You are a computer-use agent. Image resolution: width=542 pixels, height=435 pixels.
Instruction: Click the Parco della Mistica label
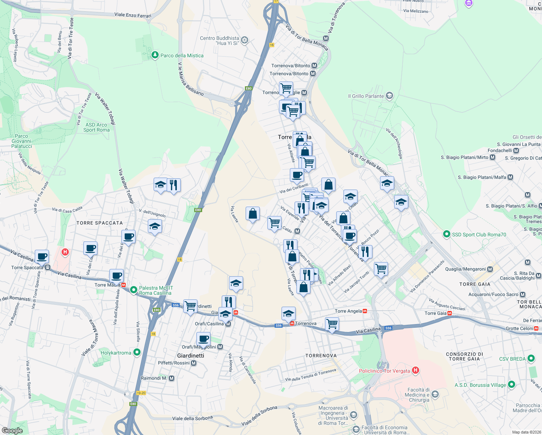[182, 55]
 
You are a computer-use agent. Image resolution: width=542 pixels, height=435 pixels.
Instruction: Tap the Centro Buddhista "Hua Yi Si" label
[220, 41]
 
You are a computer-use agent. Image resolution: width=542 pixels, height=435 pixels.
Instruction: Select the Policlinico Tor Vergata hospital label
[384, 371]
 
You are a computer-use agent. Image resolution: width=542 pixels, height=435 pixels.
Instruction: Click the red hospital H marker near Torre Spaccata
[65, 252]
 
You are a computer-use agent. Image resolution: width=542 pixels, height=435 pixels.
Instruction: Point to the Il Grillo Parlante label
[366, 96]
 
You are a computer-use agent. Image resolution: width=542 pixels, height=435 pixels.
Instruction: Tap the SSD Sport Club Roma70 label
[479, 235]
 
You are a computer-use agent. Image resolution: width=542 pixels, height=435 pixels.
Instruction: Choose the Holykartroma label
[116, 353]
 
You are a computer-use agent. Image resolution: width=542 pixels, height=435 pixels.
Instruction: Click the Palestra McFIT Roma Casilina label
[156, 290]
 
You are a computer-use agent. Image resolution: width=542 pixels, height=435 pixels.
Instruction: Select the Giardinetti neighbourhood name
[191, 356]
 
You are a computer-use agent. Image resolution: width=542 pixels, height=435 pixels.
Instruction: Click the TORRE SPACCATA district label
[100, 223]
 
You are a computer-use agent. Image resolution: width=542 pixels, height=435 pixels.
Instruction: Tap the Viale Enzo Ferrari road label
[133, 15]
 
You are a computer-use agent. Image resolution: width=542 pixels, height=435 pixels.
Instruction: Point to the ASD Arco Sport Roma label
[96, 127]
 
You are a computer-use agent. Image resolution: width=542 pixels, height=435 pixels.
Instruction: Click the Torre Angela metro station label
[348, 311]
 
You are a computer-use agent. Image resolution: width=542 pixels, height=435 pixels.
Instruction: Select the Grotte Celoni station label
[520, 328]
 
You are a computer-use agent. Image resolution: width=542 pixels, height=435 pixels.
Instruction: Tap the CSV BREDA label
[512, 359]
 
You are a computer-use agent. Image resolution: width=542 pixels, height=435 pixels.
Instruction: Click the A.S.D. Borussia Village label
[480, 385]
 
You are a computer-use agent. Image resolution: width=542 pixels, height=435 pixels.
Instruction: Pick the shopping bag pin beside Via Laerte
[253, 214]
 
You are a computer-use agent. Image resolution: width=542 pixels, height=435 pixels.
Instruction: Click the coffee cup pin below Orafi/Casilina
[204, 339]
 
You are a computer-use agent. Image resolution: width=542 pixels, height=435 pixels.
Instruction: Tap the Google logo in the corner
[12, 431]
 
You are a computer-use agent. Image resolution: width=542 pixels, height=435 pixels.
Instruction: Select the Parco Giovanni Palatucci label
[21, 141]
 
